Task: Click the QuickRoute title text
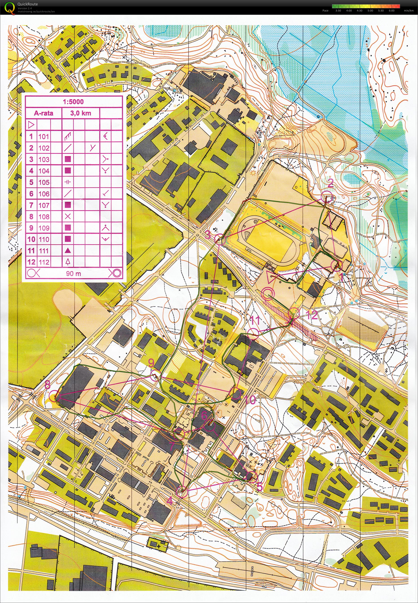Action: [x=27, y=4]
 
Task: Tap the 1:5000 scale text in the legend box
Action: [x=73, y=102]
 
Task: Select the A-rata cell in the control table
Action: [x=44, y=113]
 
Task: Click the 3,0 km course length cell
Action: [x=80, y=113]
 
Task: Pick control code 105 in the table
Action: [x=44, y=182]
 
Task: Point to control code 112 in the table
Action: [x=44, y=262]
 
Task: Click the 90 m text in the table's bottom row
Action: [x=73, y=274]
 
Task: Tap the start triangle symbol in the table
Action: [x=31, y=124]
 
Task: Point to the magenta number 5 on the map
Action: [x=259, y=487]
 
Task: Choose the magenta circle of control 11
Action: [x=253, y=334]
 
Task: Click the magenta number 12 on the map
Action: [x=311, y=315]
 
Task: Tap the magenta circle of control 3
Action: [x=220, y=239]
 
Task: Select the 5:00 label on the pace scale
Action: [x=370, y=11]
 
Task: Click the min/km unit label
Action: [x=409, y=11]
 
